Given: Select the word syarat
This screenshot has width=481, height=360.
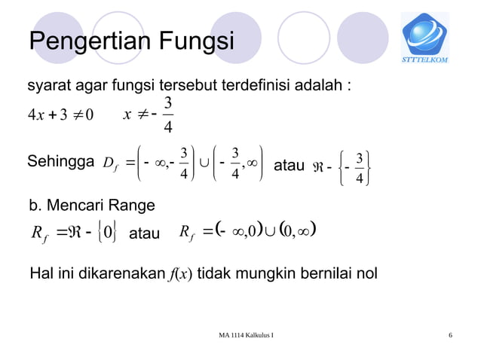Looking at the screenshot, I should click(x=50, y=84).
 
